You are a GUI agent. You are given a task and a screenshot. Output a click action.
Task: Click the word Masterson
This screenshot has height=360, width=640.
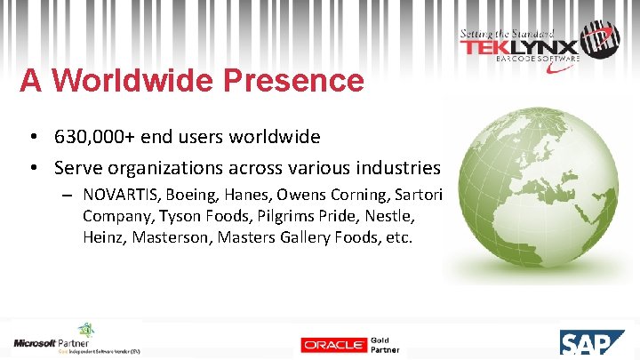coord(166,237)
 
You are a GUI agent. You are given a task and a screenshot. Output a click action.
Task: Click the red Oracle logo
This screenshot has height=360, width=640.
coord(333,345)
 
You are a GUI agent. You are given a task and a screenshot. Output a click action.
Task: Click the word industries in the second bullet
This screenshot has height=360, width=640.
coord(399,167)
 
